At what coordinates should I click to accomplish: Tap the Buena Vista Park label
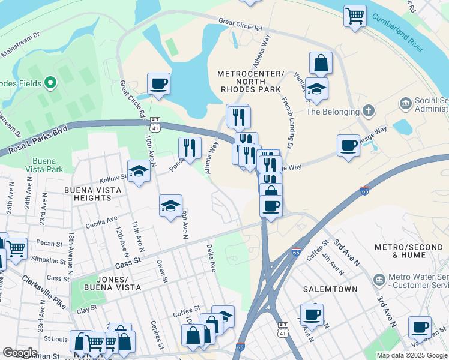tap(47, 165)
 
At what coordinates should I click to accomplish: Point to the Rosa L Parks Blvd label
tap(34, 140)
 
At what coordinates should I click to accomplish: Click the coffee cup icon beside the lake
tap(158, 83)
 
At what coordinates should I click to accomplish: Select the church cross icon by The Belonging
tap(368, 111)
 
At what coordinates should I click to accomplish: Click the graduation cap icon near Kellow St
tap(139, 172)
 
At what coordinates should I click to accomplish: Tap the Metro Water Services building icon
tap(379, 280)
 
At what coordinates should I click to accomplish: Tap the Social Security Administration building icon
tap(405, 104)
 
